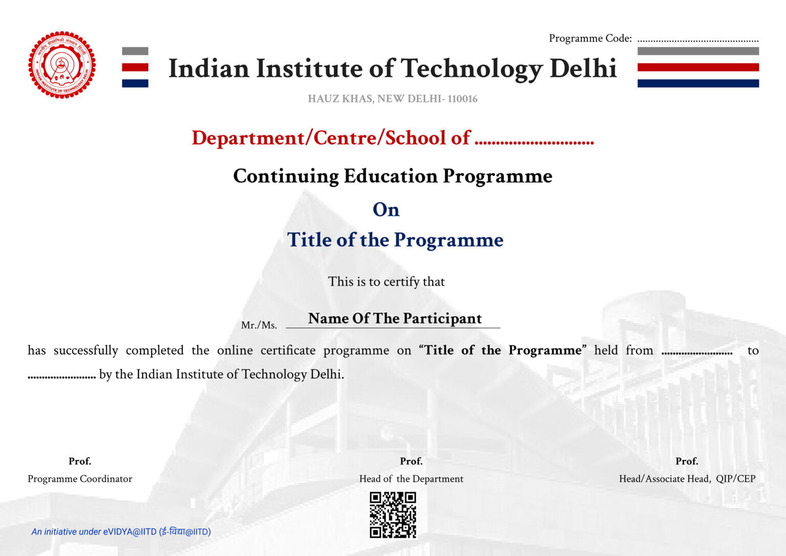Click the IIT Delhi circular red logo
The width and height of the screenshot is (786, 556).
point(62,65)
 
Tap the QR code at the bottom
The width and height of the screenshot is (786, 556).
point(392,515)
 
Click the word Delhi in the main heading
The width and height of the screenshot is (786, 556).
point(583,69)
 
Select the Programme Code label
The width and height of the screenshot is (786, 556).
point(590,38)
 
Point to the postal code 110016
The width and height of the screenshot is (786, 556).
point(462,99)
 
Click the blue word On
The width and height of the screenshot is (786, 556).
point(386,209)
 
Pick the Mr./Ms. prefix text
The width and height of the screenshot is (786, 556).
point(259,325)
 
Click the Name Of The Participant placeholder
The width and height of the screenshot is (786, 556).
point(395,318)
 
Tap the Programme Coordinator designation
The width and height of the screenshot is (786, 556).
point(80,479)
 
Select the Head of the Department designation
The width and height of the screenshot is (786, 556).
point(411,479)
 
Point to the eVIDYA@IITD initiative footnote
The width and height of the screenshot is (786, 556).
point(121,531)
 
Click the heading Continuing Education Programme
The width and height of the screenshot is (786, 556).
point(392,176)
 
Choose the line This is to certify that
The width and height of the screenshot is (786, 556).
point(386,282)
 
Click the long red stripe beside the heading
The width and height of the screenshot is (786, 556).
point(698,67)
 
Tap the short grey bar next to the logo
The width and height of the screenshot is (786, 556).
point(135,51)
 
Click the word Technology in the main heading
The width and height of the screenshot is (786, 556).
point(471,69)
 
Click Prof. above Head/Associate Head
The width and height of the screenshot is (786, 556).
point(686,461)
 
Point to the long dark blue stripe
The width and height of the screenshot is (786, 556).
point(698,83)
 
